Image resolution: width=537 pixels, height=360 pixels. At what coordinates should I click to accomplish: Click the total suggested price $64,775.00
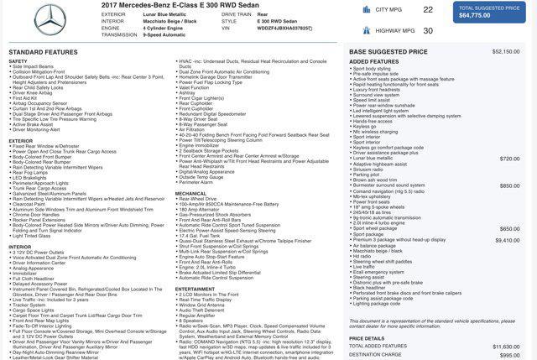[x=475, y=15]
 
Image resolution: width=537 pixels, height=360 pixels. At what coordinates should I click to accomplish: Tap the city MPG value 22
[x=428, y=10]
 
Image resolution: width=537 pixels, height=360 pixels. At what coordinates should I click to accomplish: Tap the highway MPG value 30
[x=428, y=30]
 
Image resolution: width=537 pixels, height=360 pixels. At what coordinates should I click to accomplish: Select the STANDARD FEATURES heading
[x=44, y=52]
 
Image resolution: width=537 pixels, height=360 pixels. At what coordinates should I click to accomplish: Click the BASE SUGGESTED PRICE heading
[x=388, y=52]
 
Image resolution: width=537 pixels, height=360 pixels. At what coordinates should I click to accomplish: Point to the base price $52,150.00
[x=506, y=52]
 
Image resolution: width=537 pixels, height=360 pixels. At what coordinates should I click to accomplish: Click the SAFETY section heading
[x=18, y=61]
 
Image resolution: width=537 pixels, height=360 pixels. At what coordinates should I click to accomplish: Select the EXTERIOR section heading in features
[x=21, y=141]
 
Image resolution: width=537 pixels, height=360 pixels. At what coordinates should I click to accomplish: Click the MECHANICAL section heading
[x=190, y=194]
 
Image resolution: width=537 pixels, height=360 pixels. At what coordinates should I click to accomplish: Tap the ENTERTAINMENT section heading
[x=196, y=289]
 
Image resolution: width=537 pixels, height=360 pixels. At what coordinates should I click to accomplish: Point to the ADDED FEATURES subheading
[x=374, y=61]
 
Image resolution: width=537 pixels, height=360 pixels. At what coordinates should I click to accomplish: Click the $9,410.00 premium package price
[x=508, y=240]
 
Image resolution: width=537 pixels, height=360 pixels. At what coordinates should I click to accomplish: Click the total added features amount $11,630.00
[x=506, y=346]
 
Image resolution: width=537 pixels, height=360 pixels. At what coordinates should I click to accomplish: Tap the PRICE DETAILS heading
[x=368, y=338]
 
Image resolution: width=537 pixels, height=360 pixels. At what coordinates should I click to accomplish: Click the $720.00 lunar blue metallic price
[x=510, y=159]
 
